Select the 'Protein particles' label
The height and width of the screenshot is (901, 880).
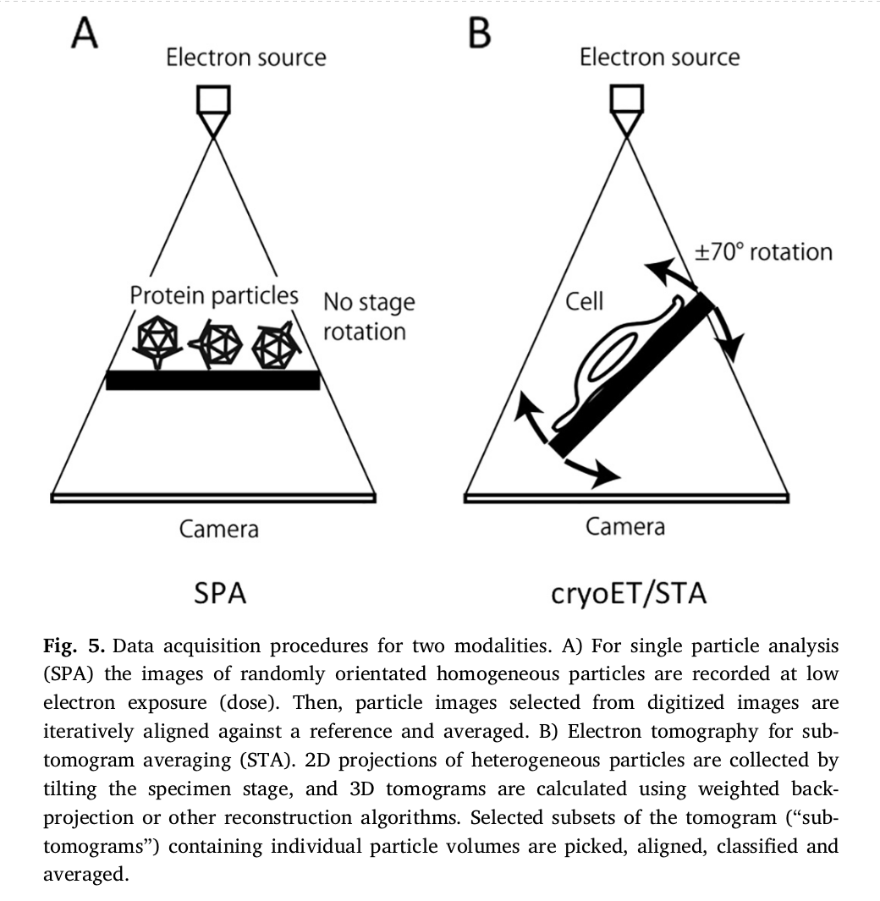click(x=214, y=295)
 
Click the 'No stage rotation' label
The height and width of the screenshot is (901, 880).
click(x=369, y=316)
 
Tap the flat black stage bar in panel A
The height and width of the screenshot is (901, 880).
click(x=213, y=380)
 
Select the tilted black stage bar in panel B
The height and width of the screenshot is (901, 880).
click(x=630, y=373)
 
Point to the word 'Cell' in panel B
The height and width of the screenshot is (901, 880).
click(x=585, y=300)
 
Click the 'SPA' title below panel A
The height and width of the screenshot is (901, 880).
click(x=216, y=594)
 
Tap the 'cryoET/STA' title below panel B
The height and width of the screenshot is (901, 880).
click(x=626, y=594)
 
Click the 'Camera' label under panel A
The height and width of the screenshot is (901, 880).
click(x=218, y=530)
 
